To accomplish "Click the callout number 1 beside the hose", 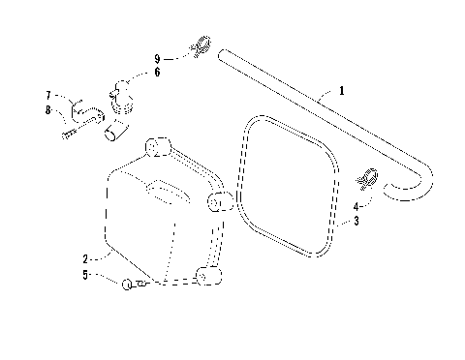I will tap(342, 91).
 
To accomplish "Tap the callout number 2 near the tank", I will tap(85, 258).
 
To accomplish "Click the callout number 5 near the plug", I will tap(85, 275).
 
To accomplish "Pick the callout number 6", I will tap(157, 72).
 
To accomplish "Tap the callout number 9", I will tap(157, 58).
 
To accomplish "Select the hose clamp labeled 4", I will tap(367, 178).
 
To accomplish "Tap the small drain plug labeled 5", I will tap(128, 284).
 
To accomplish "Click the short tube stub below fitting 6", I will tap(116, 129).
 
